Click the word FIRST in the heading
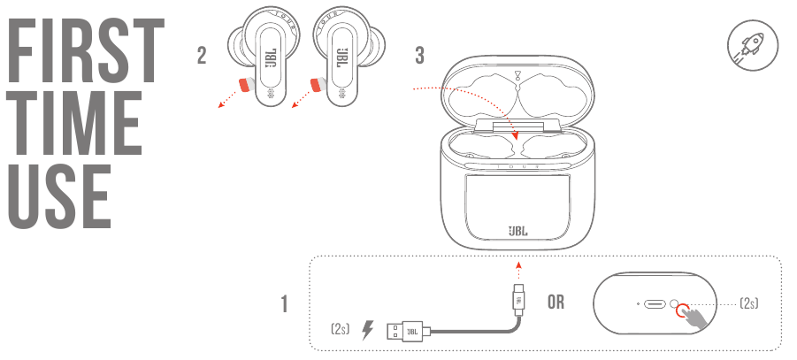pos(87,50)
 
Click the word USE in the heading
pos(59,195)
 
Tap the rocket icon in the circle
pos(752,45)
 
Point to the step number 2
pos(202,56)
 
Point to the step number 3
pos(419,56)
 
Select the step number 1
pos(285,304)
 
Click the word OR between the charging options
pos(556,302)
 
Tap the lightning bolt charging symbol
pos(367,330)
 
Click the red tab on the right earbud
pos(318,85)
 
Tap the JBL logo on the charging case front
pos(518,231)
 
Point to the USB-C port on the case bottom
pos(655,304)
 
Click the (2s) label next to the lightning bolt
pos(340,329)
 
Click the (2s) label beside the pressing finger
pos(748,303)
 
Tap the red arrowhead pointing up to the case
pos(518,264)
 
